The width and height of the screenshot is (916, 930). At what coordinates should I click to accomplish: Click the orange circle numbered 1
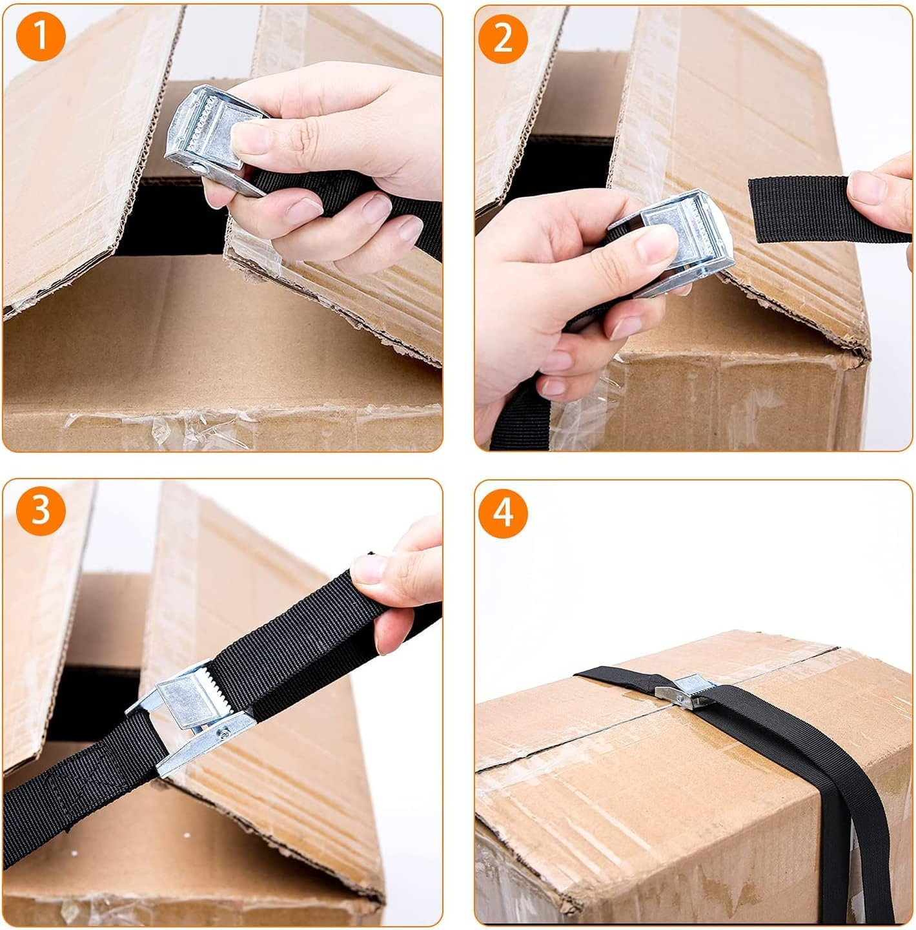pos(41,36)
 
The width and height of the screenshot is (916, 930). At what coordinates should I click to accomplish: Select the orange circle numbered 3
pos(41,510)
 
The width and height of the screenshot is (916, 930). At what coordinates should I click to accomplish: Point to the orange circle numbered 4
pos(503,513)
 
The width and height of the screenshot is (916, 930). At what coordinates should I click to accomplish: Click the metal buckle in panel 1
pos(207,139)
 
